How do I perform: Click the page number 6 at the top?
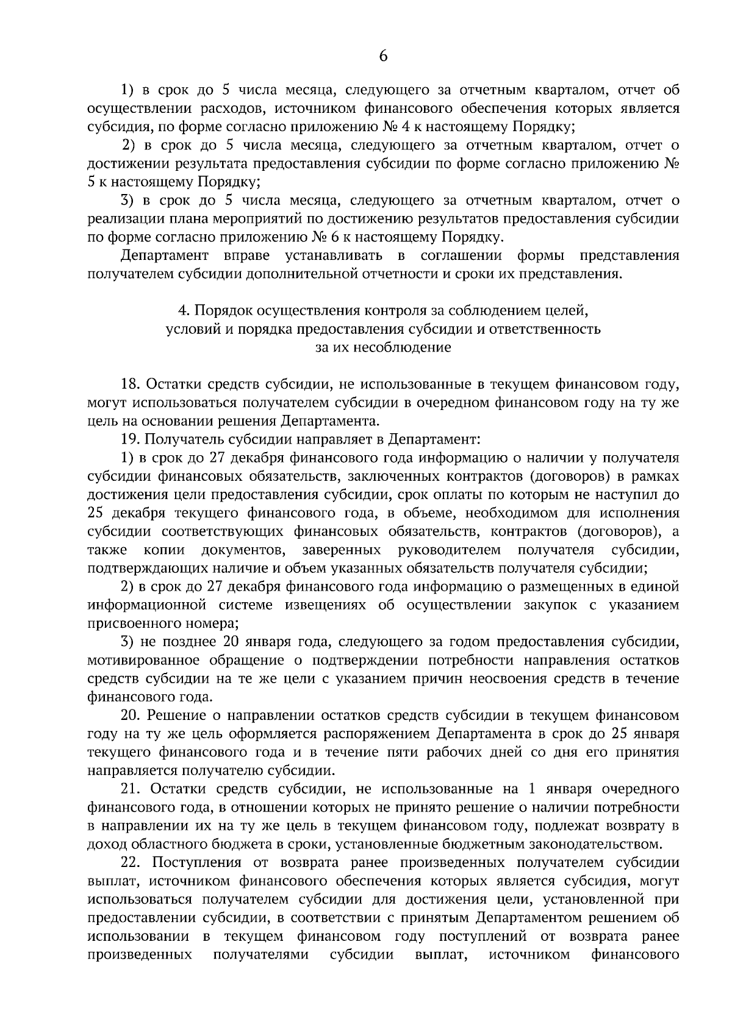click(x=383, y=56)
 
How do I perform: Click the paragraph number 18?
click(x=131, y=384)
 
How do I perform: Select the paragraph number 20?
click(x=131, y=715)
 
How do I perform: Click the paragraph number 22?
click(x=131, y=863)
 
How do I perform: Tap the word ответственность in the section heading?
click(x=542, y=329)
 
